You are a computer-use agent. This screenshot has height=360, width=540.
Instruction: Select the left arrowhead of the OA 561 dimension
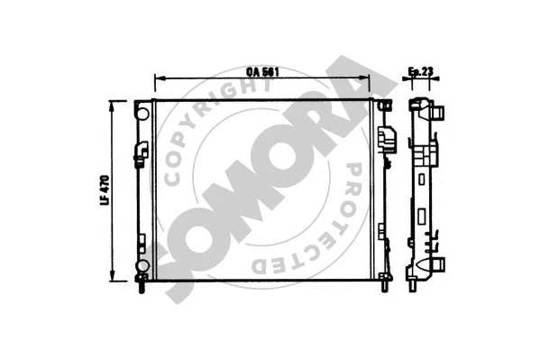pyautogui.click(x=159, y=79)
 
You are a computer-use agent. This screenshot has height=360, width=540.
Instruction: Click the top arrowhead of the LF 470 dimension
pyautogui.click(x=113, y=105)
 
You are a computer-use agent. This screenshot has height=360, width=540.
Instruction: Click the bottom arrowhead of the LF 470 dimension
pyautogui.click(x=113, y=281)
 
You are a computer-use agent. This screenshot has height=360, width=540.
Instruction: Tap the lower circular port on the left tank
pyautogui.click(x=142, y=265)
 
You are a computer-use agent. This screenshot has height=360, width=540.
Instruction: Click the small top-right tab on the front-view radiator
pyautogui.click(x=388, y=106)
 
